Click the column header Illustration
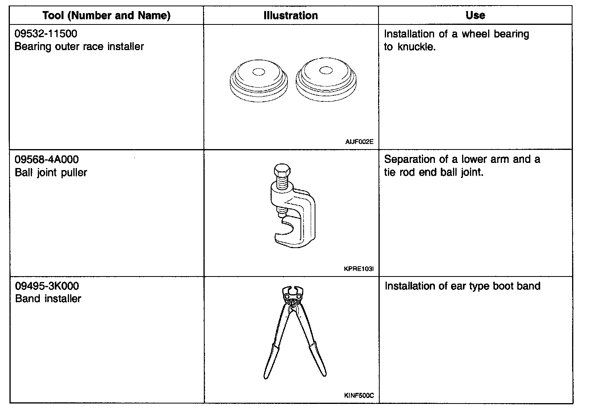tap(291, 16)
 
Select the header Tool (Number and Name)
tap(106, 16)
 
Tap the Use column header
tap(475, 15)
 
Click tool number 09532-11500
tap(46, 34)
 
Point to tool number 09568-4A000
tap(47, 159)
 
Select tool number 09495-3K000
tap(47, 286)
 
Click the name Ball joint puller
tap(51, 172)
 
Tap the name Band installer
tap(48, 299)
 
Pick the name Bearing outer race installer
tap(79, 47)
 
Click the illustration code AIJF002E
tap(359, 142)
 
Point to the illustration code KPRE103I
tap(358, 269)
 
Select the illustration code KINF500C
tap(358, 396)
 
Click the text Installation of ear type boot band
tap(462, 286)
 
